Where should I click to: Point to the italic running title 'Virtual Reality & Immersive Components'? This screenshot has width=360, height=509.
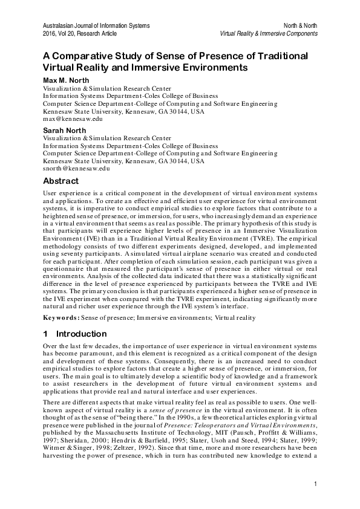click(x=269, y=34)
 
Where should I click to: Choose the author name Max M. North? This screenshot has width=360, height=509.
click(x=65, y=80)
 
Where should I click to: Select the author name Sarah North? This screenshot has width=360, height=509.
click(x=65, y=131)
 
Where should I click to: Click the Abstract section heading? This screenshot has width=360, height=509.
click(x=61, y=181)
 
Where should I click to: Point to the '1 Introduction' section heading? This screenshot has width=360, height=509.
click(x=74, y=334)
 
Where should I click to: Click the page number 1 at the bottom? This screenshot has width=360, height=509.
click(x=316, y=483)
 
